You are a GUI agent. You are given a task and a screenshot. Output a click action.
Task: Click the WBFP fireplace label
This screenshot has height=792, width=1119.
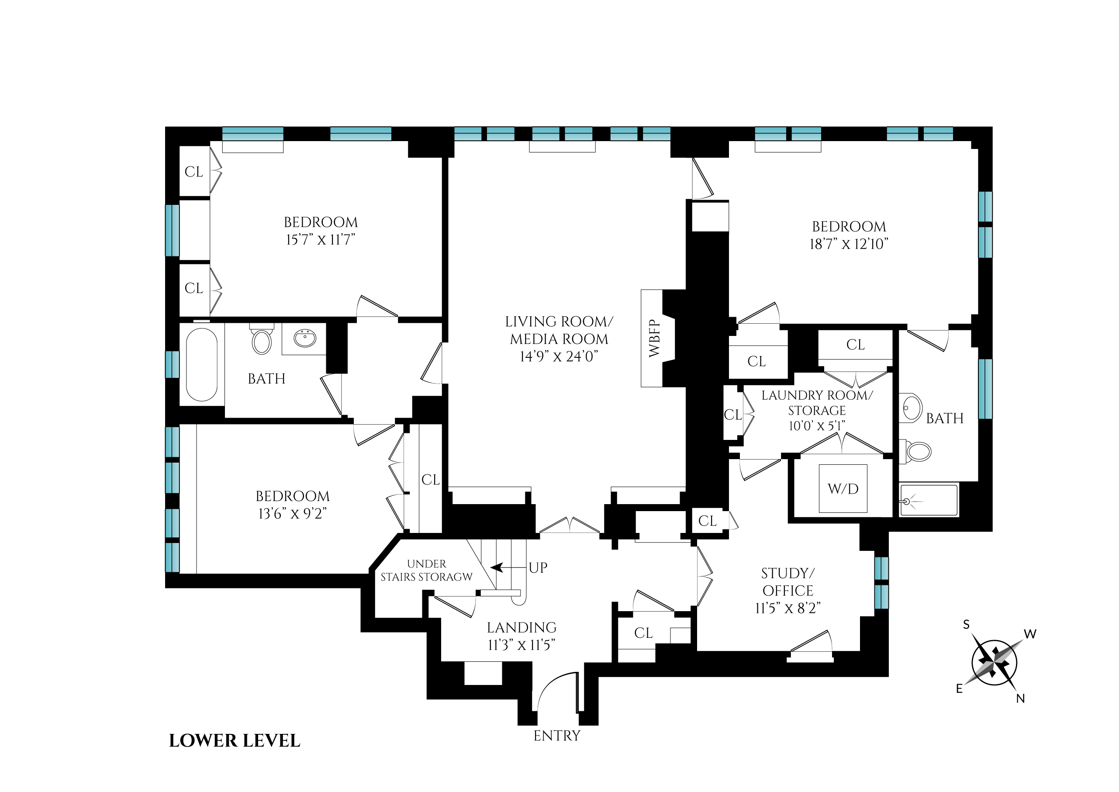click(x=654, y=339)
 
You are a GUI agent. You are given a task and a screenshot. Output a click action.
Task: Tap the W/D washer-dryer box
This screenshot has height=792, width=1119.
click(x=843, y=489)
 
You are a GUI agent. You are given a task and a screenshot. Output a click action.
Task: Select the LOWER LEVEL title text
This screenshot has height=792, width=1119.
click(x=235, y=741)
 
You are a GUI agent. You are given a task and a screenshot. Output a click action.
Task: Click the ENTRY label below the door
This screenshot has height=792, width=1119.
click(x=556, y=736)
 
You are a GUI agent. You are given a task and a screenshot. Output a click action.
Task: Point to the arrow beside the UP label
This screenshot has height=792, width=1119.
click(x=497, y=567)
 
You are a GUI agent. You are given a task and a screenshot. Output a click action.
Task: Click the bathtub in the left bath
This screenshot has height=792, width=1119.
click(x=201, y=364)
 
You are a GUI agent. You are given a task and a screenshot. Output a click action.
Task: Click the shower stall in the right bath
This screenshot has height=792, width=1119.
click(x=929, y=500)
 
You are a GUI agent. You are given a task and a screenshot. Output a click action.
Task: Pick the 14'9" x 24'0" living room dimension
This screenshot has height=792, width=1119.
click(x=559, y=356)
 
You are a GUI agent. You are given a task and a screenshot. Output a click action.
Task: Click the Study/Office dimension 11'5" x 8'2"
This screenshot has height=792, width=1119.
click(x=787, y=608)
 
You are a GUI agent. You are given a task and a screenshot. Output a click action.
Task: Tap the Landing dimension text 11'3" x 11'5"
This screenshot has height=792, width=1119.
click(x=521, y=645)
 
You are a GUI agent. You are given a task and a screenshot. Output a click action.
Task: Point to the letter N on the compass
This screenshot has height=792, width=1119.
click(x=1020, y=699)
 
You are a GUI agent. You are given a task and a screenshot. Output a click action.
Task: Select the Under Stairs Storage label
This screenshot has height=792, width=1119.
click(x=426, y=570)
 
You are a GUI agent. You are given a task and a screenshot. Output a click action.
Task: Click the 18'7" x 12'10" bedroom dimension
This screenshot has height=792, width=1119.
click(x=849, y=244)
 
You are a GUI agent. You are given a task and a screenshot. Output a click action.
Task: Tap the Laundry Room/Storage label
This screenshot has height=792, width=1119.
click(x=817, y=402)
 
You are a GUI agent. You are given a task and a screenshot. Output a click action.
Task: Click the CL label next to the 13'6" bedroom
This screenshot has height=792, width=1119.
click(x=430, y=480)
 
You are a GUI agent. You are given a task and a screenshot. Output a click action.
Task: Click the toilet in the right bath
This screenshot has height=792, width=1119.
click(x=918, y=452)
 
